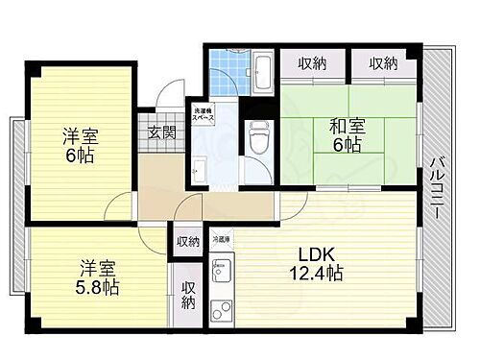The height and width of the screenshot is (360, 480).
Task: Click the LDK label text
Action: [x=315, y=255]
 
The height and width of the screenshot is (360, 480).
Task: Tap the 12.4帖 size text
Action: [x=320, y=275]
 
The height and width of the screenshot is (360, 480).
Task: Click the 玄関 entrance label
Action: [x=160, y=132]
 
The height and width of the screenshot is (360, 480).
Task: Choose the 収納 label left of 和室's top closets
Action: [x=311, y=64]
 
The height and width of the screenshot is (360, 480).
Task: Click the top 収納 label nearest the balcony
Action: [x=382, y=64]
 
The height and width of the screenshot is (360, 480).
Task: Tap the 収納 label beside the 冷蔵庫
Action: [x=188, y=241]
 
